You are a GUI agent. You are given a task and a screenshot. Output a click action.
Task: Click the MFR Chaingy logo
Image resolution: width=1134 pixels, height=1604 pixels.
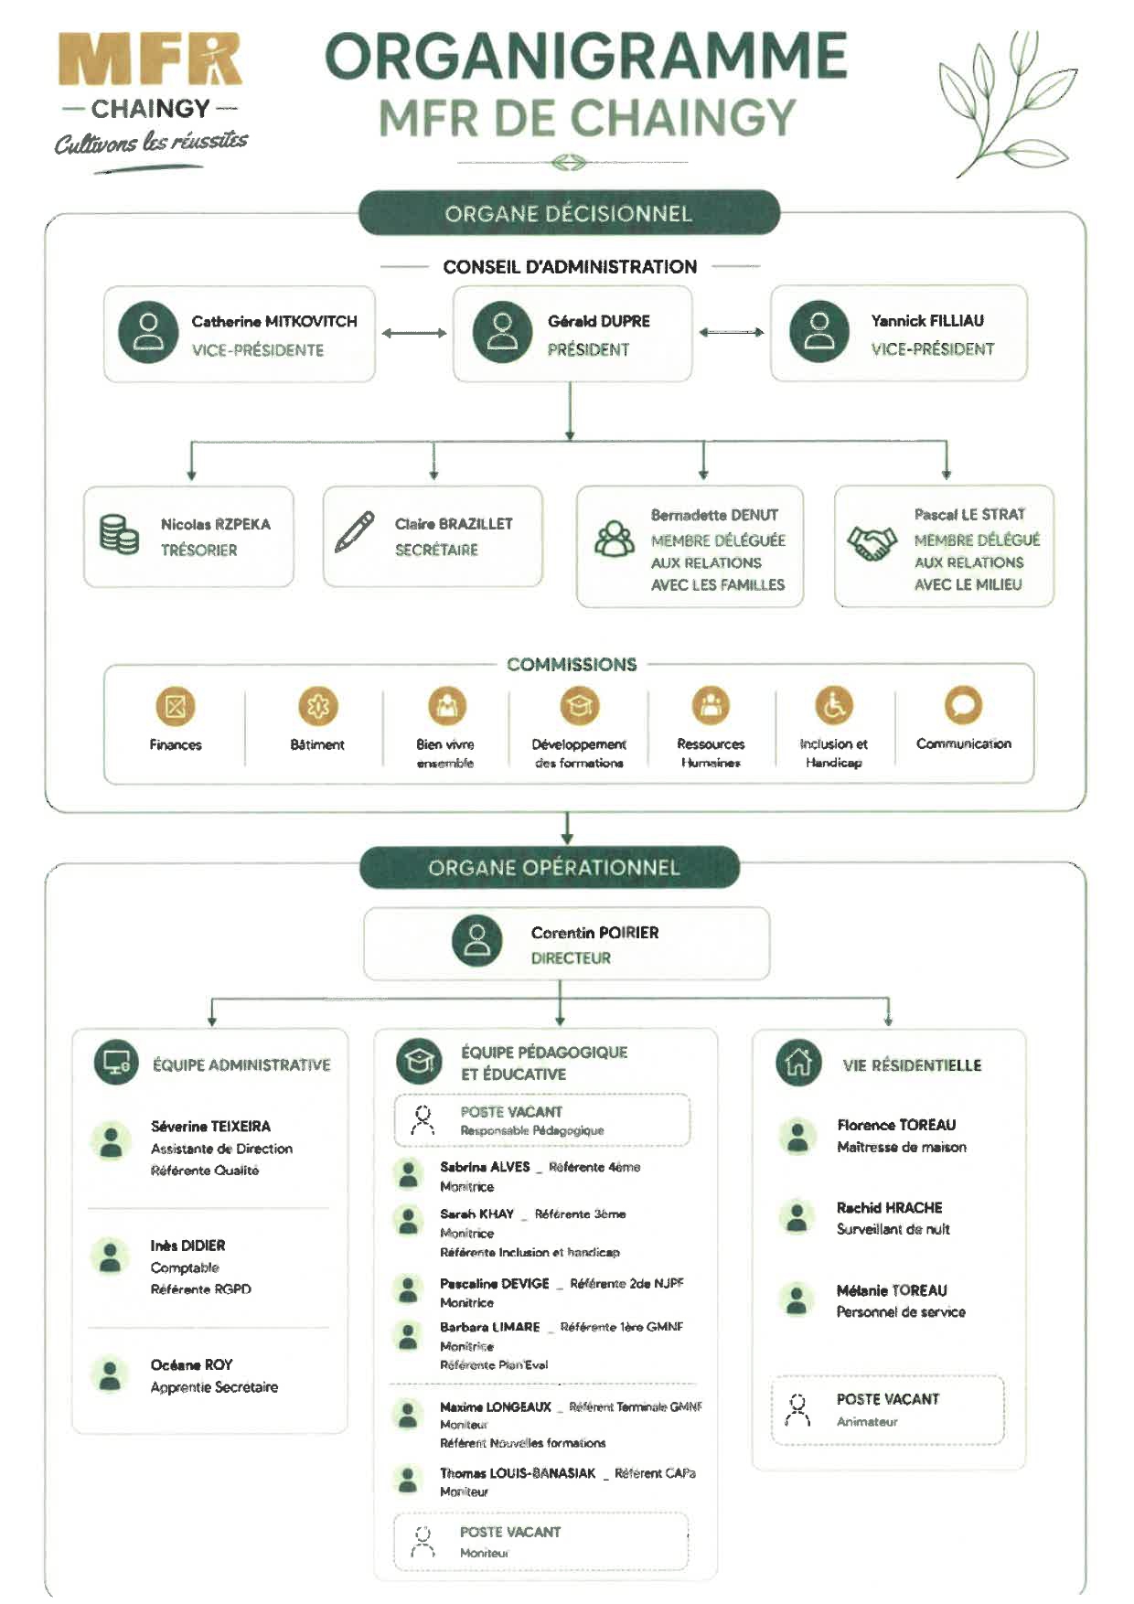pyautogui.click(x=151, y=101)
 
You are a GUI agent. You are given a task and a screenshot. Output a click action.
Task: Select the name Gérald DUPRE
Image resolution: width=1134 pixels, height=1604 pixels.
pyautogui.click(x=599, y=321)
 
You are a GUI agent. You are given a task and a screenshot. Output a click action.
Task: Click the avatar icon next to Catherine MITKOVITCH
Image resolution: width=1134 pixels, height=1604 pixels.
pyautogui.click(x=148, y=332)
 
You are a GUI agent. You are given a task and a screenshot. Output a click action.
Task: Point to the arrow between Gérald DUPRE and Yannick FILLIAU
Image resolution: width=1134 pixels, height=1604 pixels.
pyautogui.click(x=731, y=332)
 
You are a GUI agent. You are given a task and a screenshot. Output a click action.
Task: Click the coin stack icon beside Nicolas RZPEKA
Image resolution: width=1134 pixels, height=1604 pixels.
pyautogui.click(x=119, y=534)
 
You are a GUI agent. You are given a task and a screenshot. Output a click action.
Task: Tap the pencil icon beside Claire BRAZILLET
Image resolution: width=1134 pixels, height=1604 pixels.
pyautogui.click(x=355, y=531)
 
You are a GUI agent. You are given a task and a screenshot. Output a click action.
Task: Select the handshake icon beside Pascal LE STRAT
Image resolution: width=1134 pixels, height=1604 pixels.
pyautogui.click(x=872, y=543)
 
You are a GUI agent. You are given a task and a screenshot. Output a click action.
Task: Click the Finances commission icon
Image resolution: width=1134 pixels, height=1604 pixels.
pyautogui.click(x=176, y=706)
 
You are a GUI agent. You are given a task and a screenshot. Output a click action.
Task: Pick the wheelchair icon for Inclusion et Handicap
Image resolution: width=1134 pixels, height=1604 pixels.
pyautogui.click(x=834, y=705)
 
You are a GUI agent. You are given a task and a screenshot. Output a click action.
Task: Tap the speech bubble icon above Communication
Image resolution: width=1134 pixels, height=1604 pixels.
pyautogui.click(x=963, y=705)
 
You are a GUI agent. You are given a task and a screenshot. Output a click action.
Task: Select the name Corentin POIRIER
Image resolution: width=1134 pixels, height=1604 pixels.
pyautogui.click(x=594, y=933)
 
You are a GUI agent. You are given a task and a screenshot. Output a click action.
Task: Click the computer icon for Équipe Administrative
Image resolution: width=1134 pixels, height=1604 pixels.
pyautogui.click(x=116, y=1063)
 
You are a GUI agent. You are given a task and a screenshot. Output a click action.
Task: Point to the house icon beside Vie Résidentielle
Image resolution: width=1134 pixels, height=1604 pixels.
pyautogui.click(x=798, y=1063)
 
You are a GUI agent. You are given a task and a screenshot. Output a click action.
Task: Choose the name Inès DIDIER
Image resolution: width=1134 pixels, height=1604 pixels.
pyautogui.click(x=187, y=1246)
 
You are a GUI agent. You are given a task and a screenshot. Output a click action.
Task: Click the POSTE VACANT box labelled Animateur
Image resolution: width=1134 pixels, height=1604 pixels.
pyautogui.click(x=888, y=1410)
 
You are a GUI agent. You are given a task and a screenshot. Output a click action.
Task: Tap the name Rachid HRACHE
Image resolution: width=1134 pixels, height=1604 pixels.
pyautogui.click(x=889, y=1207)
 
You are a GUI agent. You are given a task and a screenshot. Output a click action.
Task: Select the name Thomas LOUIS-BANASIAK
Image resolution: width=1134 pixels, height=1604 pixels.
pyautogui.click(x=518, y=1473)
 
